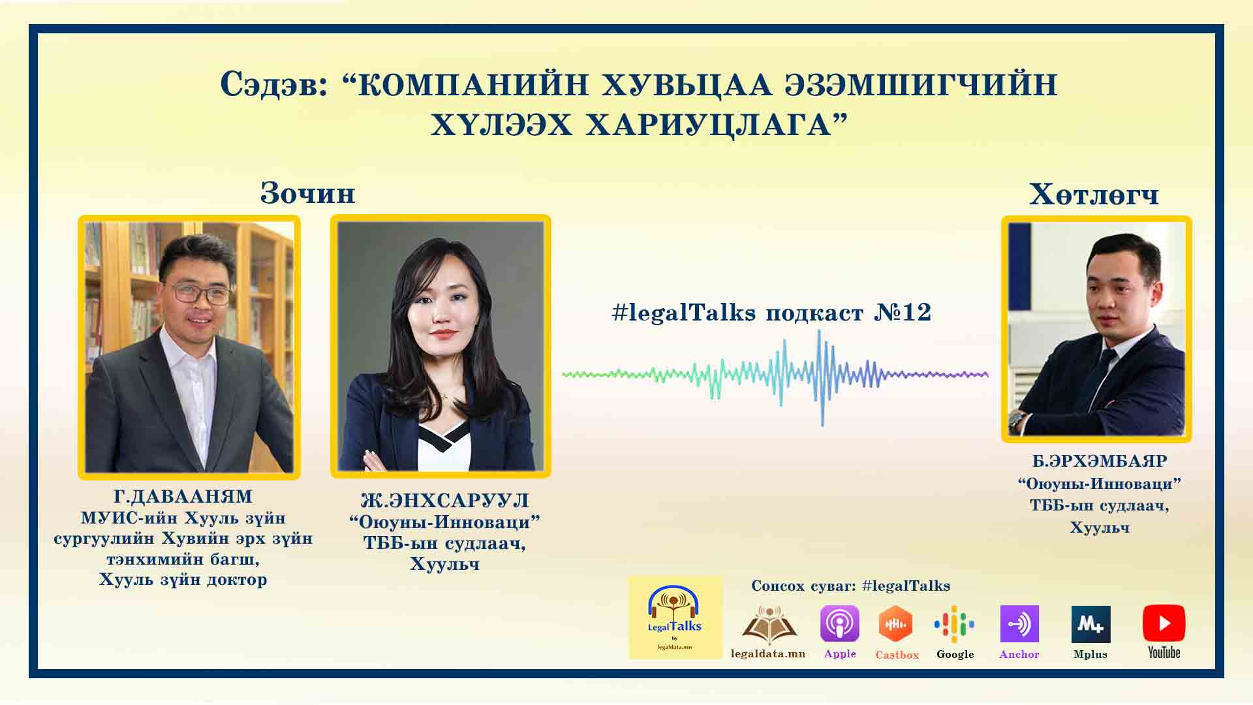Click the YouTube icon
point(1164,623)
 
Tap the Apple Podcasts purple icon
point(839,623)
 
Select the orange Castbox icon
point(896,623)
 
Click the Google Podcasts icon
point(954,624)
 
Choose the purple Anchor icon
point(1019,623)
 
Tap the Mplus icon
point(1091,624)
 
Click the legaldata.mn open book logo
point(769,625)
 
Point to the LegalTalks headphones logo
point(675,617)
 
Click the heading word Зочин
point(308,193)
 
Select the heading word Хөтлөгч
point(1094,195)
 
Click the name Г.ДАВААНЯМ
point(183,497)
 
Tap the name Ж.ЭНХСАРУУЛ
point(445,501)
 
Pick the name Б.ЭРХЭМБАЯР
point(1100,461)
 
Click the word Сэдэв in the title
point(274,85)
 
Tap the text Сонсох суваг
point(803,586)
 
